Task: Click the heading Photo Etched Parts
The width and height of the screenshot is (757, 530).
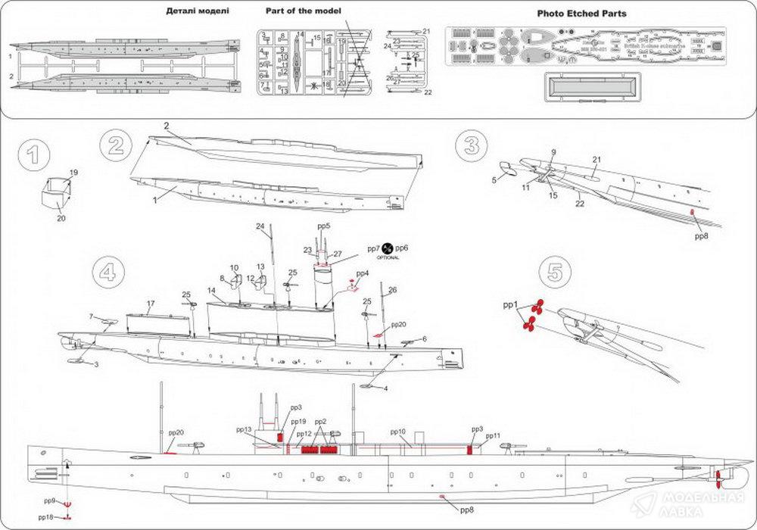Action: tap(581, 14)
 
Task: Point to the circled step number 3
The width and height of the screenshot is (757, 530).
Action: tap(472, 144)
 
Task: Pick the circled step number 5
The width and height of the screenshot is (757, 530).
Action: tap(556, 273)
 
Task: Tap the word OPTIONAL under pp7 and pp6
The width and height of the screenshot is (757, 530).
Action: tap(388, 257)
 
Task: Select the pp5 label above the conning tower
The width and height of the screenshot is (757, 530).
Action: tap(323, 226)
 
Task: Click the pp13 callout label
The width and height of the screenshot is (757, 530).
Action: tap(243, 429)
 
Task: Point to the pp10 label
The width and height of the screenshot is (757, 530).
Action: tap(398, 432)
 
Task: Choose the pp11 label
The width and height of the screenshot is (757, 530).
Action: tap(493, 436)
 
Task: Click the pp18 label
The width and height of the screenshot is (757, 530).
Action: tap(46, 517)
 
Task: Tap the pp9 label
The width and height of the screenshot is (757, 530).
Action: tap(49, 500)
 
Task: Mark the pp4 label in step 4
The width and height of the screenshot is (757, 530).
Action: tap(362, 273)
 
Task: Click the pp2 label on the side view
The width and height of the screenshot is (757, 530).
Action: tap(320, 421)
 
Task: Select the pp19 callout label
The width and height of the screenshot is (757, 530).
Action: tap(298, 422)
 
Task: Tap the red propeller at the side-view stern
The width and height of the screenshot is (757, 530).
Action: tap(717, 477)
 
